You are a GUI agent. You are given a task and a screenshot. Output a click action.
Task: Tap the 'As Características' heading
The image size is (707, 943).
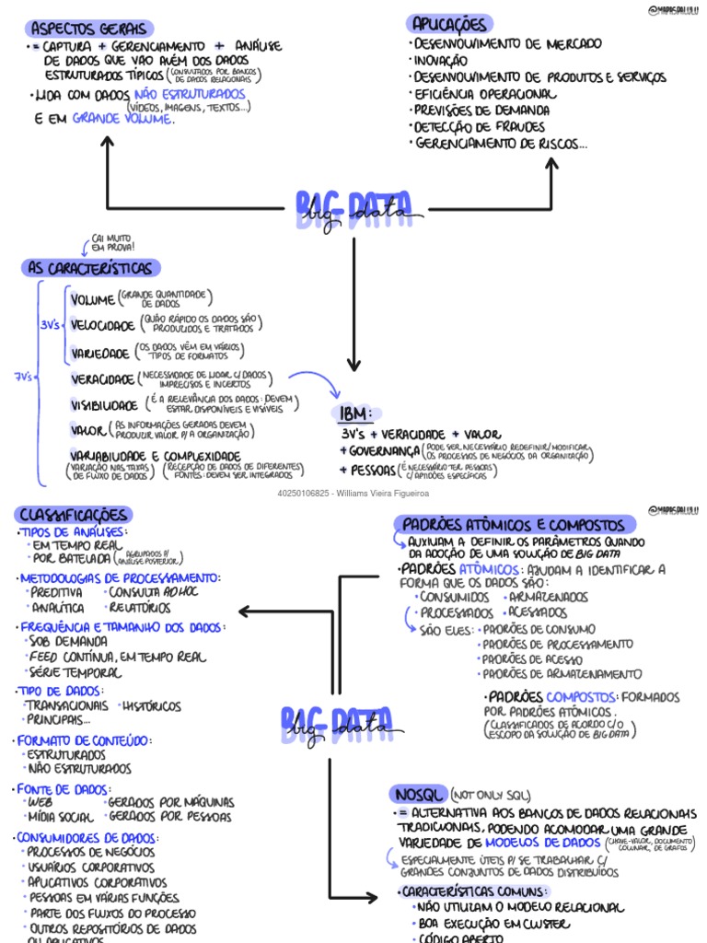tap(90, 268)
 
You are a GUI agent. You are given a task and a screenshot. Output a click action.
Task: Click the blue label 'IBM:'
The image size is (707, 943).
tap(355, 412)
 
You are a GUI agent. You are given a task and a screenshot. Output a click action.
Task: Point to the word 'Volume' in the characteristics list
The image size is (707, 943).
tap(92, 299)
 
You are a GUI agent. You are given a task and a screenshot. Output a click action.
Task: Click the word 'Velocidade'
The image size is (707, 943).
tap(102, 326)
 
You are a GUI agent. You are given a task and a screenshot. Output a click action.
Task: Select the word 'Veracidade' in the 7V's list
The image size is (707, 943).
tap(102, 379)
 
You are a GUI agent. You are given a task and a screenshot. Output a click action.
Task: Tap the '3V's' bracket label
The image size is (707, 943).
tap(51, 325)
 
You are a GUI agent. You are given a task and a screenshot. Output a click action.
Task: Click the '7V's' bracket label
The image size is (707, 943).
tap(24, 377)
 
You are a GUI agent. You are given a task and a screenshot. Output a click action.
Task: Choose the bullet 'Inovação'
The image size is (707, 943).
tap(441, 60)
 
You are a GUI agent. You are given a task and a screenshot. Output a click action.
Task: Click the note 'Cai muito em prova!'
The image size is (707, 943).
tap(112, 243)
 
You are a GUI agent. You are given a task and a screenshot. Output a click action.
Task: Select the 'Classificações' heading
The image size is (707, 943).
tap(74, 515)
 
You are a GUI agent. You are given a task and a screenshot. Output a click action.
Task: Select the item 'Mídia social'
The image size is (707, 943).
tap(61, 817)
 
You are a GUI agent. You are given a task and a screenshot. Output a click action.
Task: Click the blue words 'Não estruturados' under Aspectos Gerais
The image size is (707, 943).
tap(191, 95)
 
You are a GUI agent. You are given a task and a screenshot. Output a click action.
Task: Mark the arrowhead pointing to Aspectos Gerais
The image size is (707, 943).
tap(108, 141)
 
